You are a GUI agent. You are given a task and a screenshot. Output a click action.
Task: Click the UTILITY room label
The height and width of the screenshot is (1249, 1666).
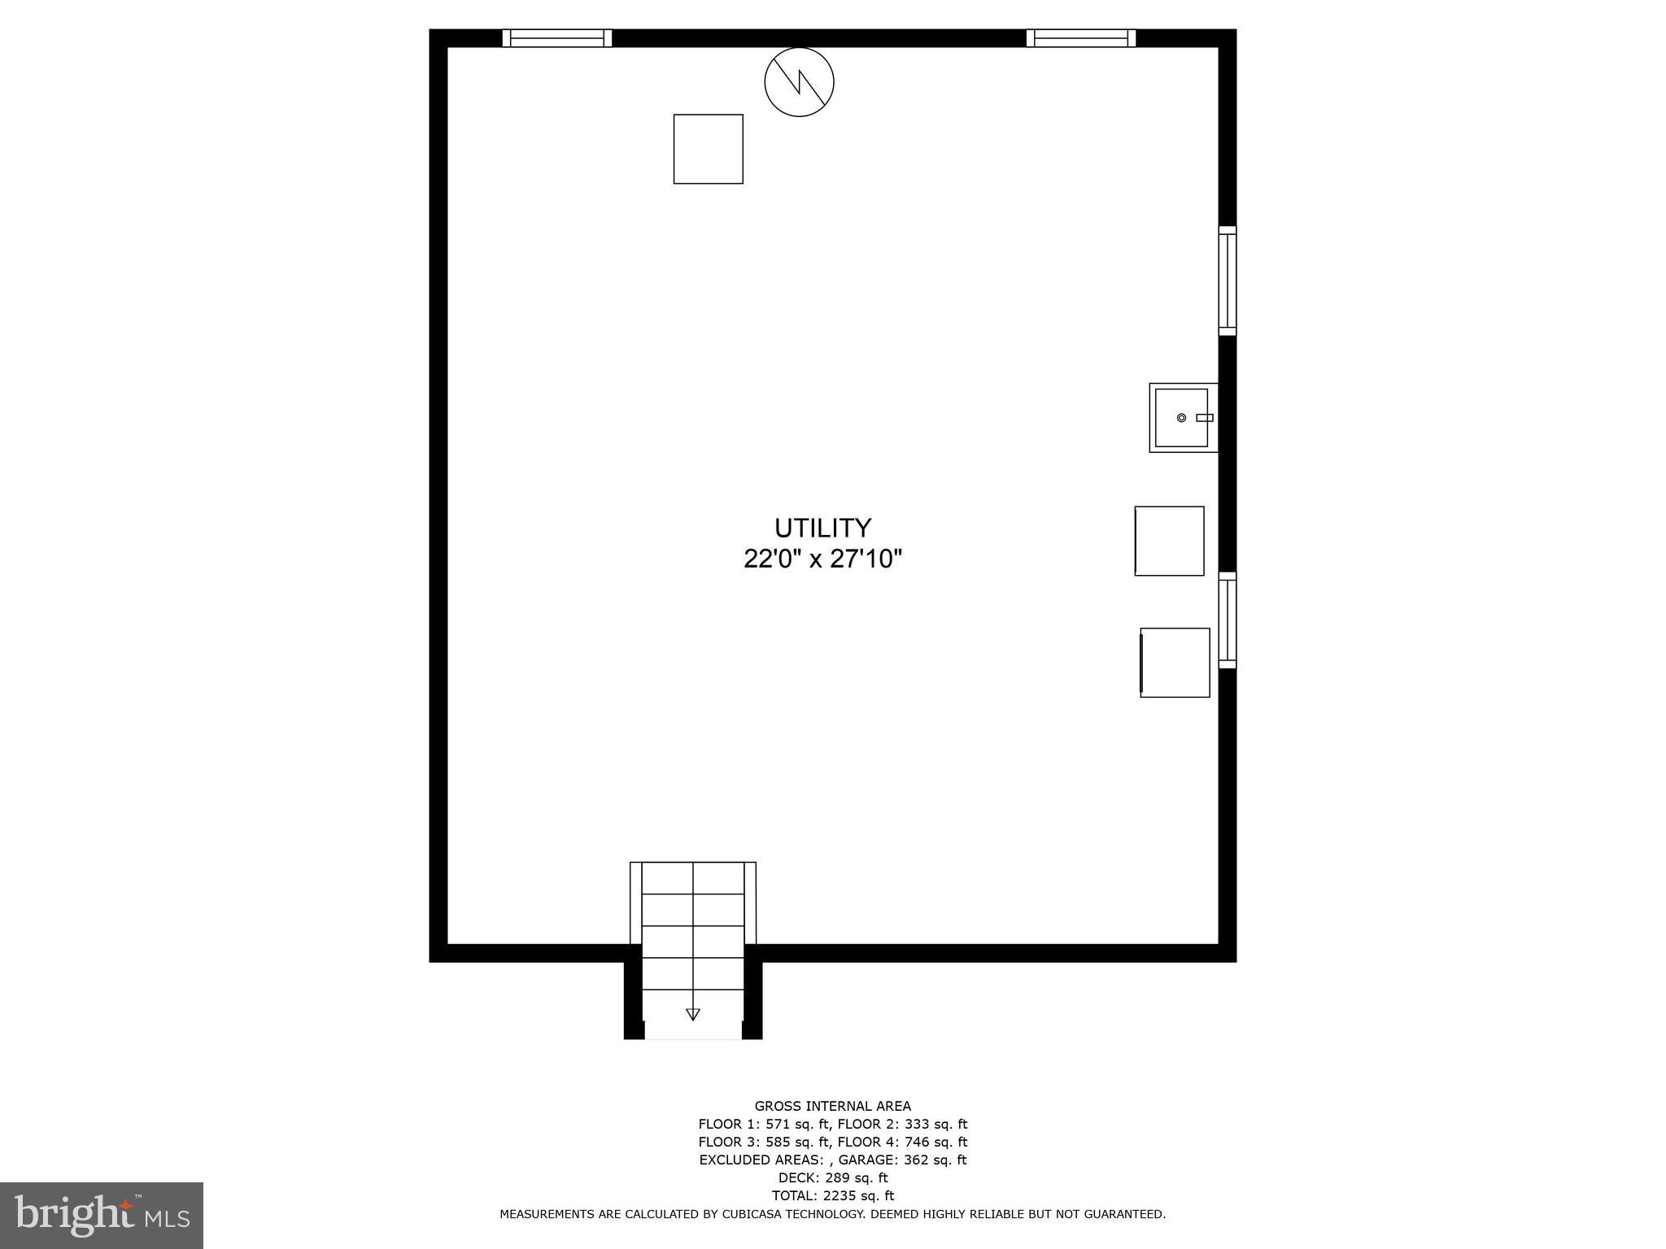(822, 529)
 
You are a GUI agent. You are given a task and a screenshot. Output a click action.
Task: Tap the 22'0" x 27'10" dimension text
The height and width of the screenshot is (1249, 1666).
(822, 559)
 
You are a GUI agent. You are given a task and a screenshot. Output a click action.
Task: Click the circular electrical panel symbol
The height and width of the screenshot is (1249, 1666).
(799, 82)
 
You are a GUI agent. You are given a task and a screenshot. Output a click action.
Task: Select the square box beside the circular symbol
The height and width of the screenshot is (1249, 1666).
(708, 149)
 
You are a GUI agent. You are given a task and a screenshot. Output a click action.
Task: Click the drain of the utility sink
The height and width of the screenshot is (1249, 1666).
(1181, 418)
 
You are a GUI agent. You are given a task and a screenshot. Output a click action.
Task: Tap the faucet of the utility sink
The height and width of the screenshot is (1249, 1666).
(1204, 418)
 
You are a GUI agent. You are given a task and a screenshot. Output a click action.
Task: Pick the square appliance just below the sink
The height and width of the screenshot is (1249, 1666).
(1169, 542)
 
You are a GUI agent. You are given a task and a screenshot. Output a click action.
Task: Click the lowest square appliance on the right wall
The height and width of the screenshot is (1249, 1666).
(1175, 663)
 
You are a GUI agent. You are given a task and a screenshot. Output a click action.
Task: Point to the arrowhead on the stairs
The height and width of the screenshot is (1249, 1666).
(693, 1013)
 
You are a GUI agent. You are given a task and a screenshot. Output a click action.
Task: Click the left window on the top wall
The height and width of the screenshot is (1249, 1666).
(557, 38)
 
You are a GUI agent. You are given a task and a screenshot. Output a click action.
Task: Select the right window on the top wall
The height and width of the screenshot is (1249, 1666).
(1080, 38)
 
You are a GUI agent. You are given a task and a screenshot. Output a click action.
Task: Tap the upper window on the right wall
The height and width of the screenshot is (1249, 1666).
(1227, 281)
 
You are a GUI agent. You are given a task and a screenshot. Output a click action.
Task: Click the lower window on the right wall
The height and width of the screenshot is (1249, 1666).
(1227, 620)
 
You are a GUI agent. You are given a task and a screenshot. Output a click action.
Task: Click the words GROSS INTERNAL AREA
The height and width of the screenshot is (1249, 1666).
(832, 1106)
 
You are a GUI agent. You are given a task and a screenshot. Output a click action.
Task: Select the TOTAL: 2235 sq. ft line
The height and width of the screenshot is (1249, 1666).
(832, 1195)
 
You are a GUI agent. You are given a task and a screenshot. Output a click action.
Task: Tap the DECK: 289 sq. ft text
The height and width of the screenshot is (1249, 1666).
(832, 1177)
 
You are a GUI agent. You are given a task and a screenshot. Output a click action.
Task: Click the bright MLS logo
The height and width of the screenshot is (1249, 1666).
(102, 1216)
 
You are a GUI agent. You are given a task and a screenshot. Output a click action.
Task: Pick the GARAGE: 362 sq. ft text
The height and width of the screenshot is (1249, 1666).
(902, 1160)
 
